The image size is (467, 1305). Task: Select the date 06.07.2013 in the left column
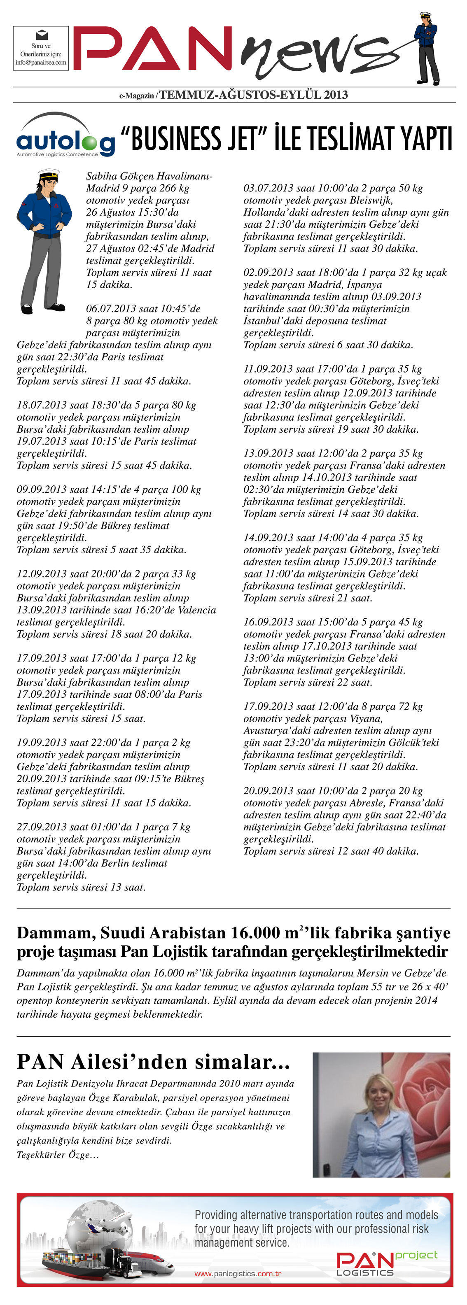[x=114, y=308]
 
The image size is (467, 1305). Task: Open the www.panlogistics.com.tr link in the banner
[x=238, y=1273]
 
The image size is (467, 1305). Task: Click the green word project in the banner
[x=416, y=1254]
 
